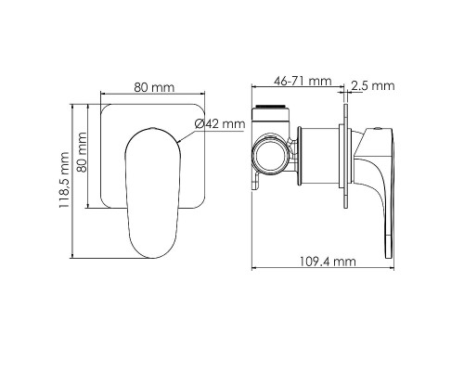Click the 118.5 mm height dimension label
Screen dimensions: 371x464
coord(64,183)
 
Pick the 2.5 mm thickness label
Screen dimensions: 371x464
coord(375,85)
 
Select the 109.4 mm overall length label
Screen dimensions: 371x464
coord(331,262)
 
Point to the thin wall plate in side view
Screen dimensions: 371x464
coord(347,158)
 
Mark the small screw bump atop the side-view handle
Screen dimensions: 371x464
coord(378,123)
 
